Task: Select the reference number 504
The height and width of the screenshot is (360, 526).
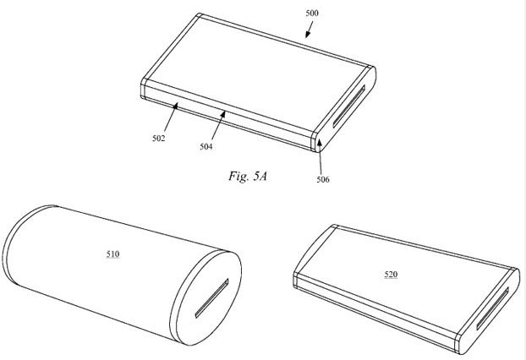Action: coord(206,146)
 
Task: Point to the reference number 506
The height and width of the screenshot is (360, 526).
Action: coord(325,179)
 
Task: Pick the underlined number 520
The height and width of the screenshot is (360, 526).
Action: coord(392,274)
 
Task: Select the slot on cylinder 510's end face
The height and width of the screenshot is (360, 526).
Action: coord(208,302)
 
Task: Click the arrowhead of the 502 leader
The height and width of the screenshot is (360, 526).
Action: coord(176,105)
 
